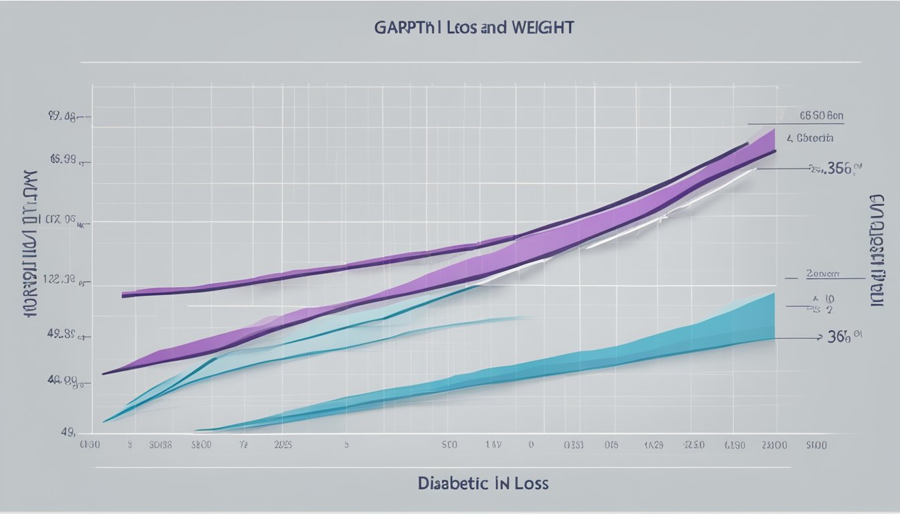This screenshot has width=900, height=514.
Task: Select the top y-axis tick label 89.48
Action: click(62, 117)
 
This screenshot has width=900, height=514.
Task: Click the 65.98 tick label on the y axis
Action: click(63, 160)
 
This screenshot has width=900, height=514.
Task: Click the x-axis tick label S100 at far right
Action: click(816, 444)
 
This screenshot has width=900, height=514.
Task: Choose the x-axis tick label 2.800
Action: click(775, 444)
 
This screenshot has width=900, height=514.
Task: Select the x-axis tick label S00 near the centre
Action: click(449, 444)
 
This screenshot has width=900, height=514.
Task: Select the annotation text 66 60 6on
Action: click(821, 116)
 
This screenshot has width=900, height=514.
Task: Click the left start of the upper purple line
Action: click(124, 294)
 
